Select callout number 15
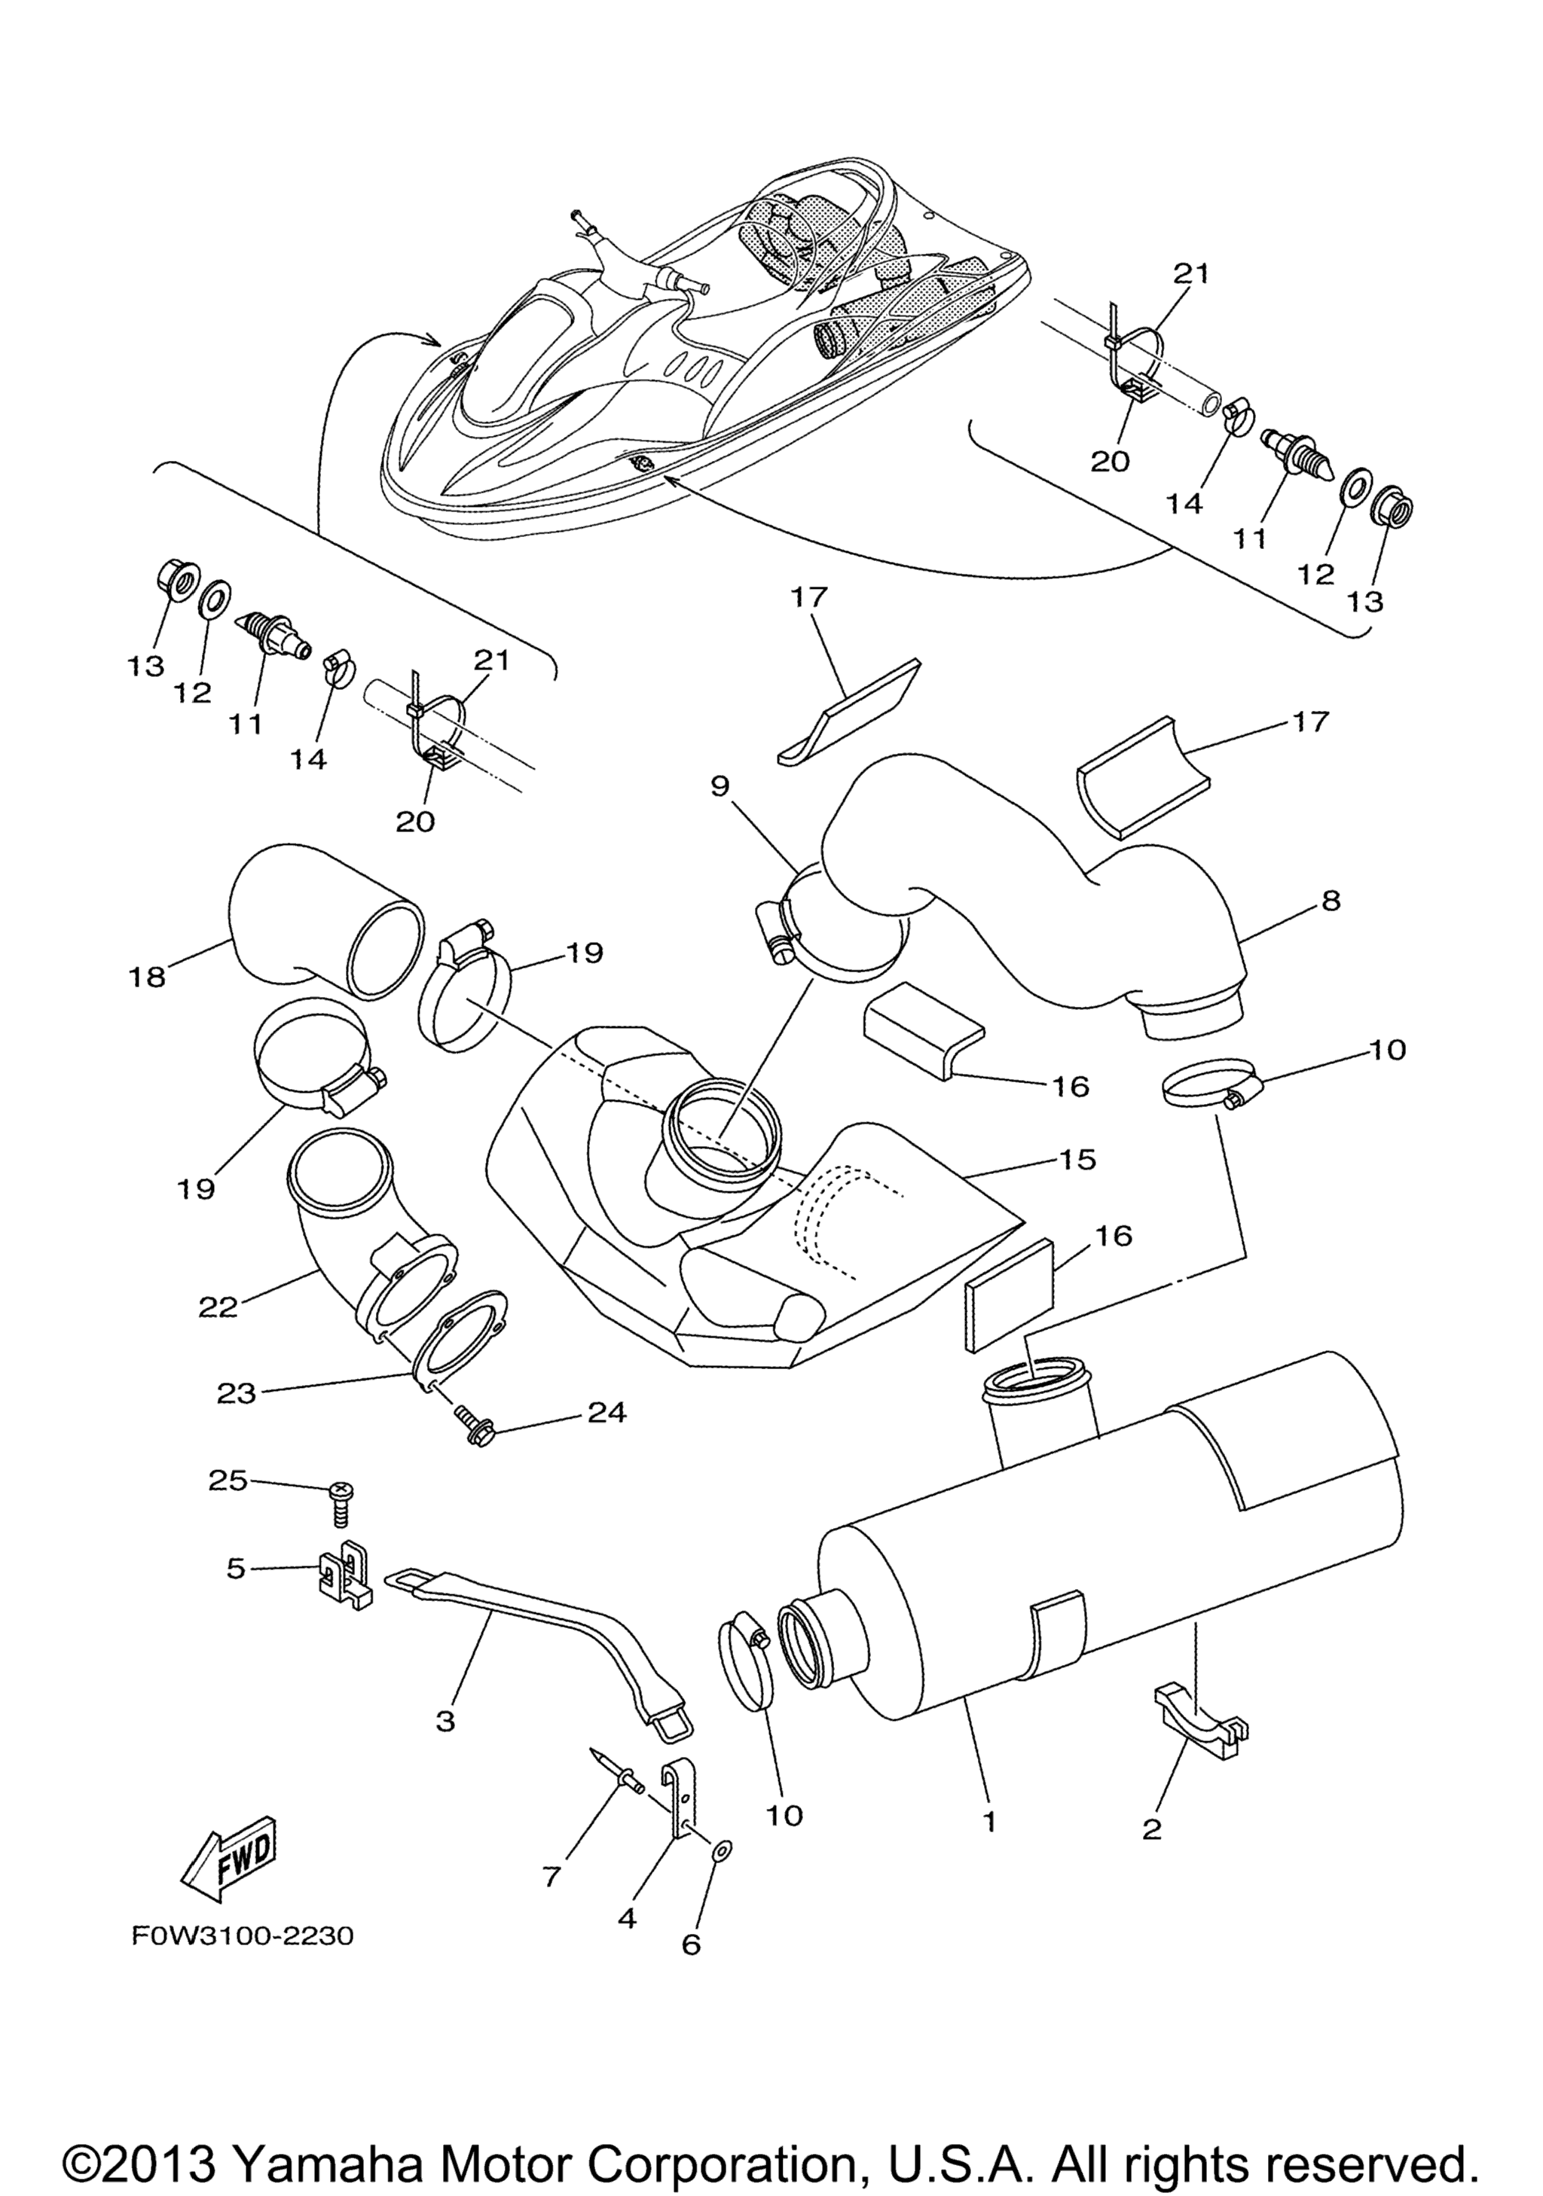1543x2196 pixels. point(1078,1159)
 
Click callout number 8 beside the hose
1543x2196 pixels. point(1331,900)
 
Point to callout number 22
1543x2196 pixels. point(217,1307)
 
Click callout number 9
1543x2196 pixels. point(720,786)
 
